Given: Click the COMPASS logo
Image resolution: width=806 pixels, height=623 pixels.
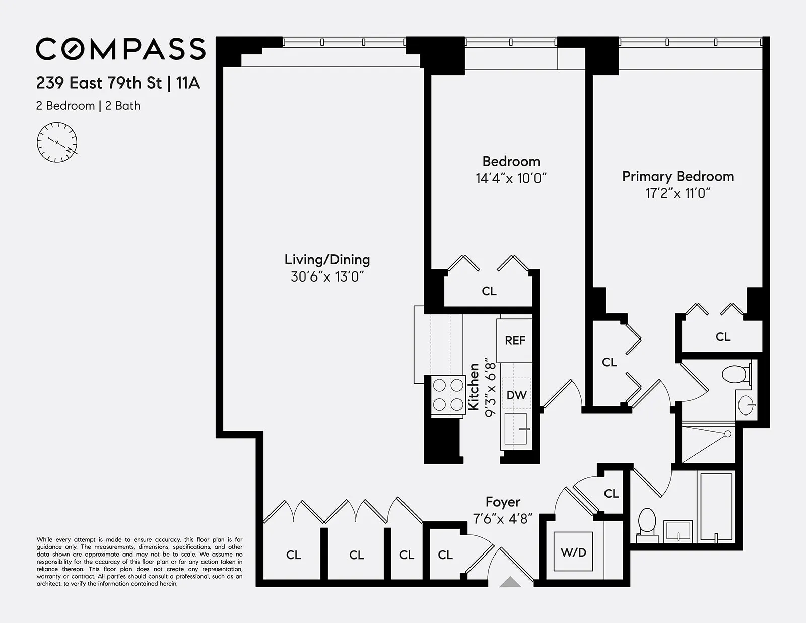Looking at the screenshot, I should pos(120,49).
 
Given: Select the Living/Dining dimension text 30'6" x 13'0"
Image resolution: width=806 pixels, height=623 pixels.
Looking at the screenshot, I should pos(327,276).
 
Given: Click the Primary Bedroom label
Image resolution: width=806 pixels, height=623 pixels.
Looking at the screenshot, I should pos(678,176).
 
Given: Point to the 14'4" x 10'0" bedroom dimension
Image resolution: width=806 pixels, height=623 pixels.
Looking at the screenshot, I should pos(511,178).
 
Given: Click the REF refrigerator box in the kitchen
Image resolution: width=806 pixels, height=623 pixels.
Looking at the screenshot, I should pos(515,340).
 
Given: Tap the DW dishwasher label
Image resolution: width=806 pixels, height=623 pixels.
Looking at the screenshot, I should pos(516,395).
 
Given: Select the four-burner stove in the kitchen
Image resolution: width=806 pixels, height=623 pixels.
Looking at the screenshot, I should pos(448,395).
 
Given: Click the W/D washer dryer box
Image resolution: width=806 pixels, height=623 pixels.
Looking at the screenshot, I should pos(573,552).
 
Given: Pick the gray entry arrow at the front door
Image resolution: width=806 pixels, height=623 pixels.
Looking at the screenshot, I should pos(510,582).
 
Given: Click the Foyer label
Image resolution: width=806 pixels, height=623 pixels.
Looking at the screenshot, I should pos(503,502).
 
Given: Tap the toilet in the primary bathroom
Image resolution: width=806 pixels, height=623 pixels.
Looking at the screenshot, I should pos(735,374).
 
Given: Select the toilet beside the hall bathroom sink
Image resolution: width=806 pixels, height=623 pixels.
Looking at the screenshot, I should pos(647,522).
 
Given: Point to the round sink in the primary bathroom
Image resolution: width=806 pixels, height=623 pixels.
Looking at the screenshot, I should pos(747,404).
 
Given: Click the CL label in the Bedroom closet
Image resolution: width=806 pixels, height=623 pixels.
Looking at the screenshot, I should pos(489,291).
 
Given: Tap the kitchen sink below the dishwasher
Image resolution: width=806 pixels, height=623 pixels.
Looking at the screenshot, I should pos(516,429).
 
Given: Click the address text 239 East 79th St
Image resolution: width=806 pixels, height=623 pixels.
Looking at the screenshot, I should pos(99,83).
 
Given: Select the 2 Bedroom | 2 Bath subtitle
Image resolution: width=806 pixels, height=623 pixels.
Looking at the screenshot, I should pos(88,106).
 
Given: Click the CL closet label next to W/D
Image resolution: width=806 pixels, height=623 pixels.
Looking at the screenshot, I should pos(611,494).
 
